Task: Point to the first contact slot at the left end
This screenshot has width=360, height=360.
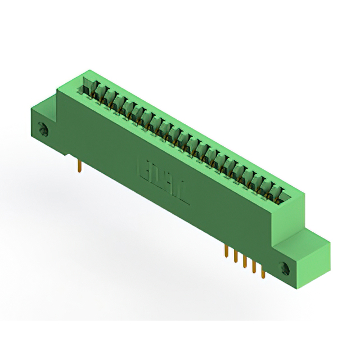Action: click(89, 85)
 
